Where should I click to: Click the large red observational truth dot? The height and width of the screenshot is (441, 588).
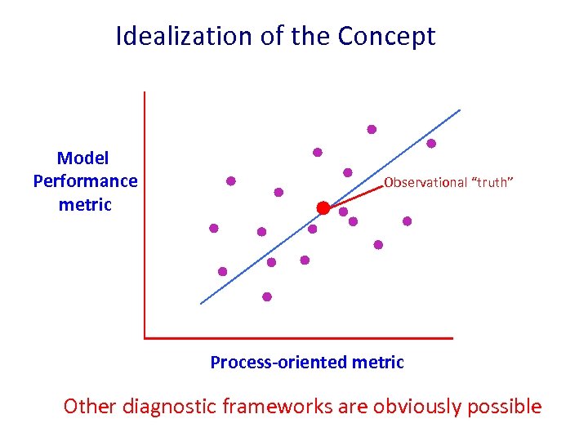click(x=323, y=208)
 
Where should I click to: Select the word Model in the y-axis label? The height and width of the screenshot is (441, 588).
click(x=83, y=158)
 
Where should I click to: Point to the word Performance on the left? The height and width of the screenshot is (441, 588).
click(x=85, y=180)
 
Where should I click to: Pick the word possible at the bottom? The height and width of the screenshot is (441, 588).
click(x=506, y=406)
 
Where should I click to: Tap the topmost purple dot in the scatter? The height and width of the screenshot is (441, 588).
click(x=372, y=129)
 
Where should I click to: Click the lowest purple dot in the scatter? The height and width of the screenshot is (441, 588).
click(x=267, y=297)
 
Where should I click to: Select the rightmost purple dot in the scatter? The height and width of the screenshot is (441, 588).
click(x=431, y=144)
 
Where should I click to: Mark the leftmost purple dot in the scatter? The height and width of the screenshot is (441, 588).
click(x=214, y=229)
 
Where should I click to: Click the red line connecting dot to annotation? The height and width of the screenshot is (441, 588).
click(x=356, y=197)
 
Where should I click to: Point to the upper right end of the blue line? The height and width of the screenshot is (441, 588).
click(x=460, y=110)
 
